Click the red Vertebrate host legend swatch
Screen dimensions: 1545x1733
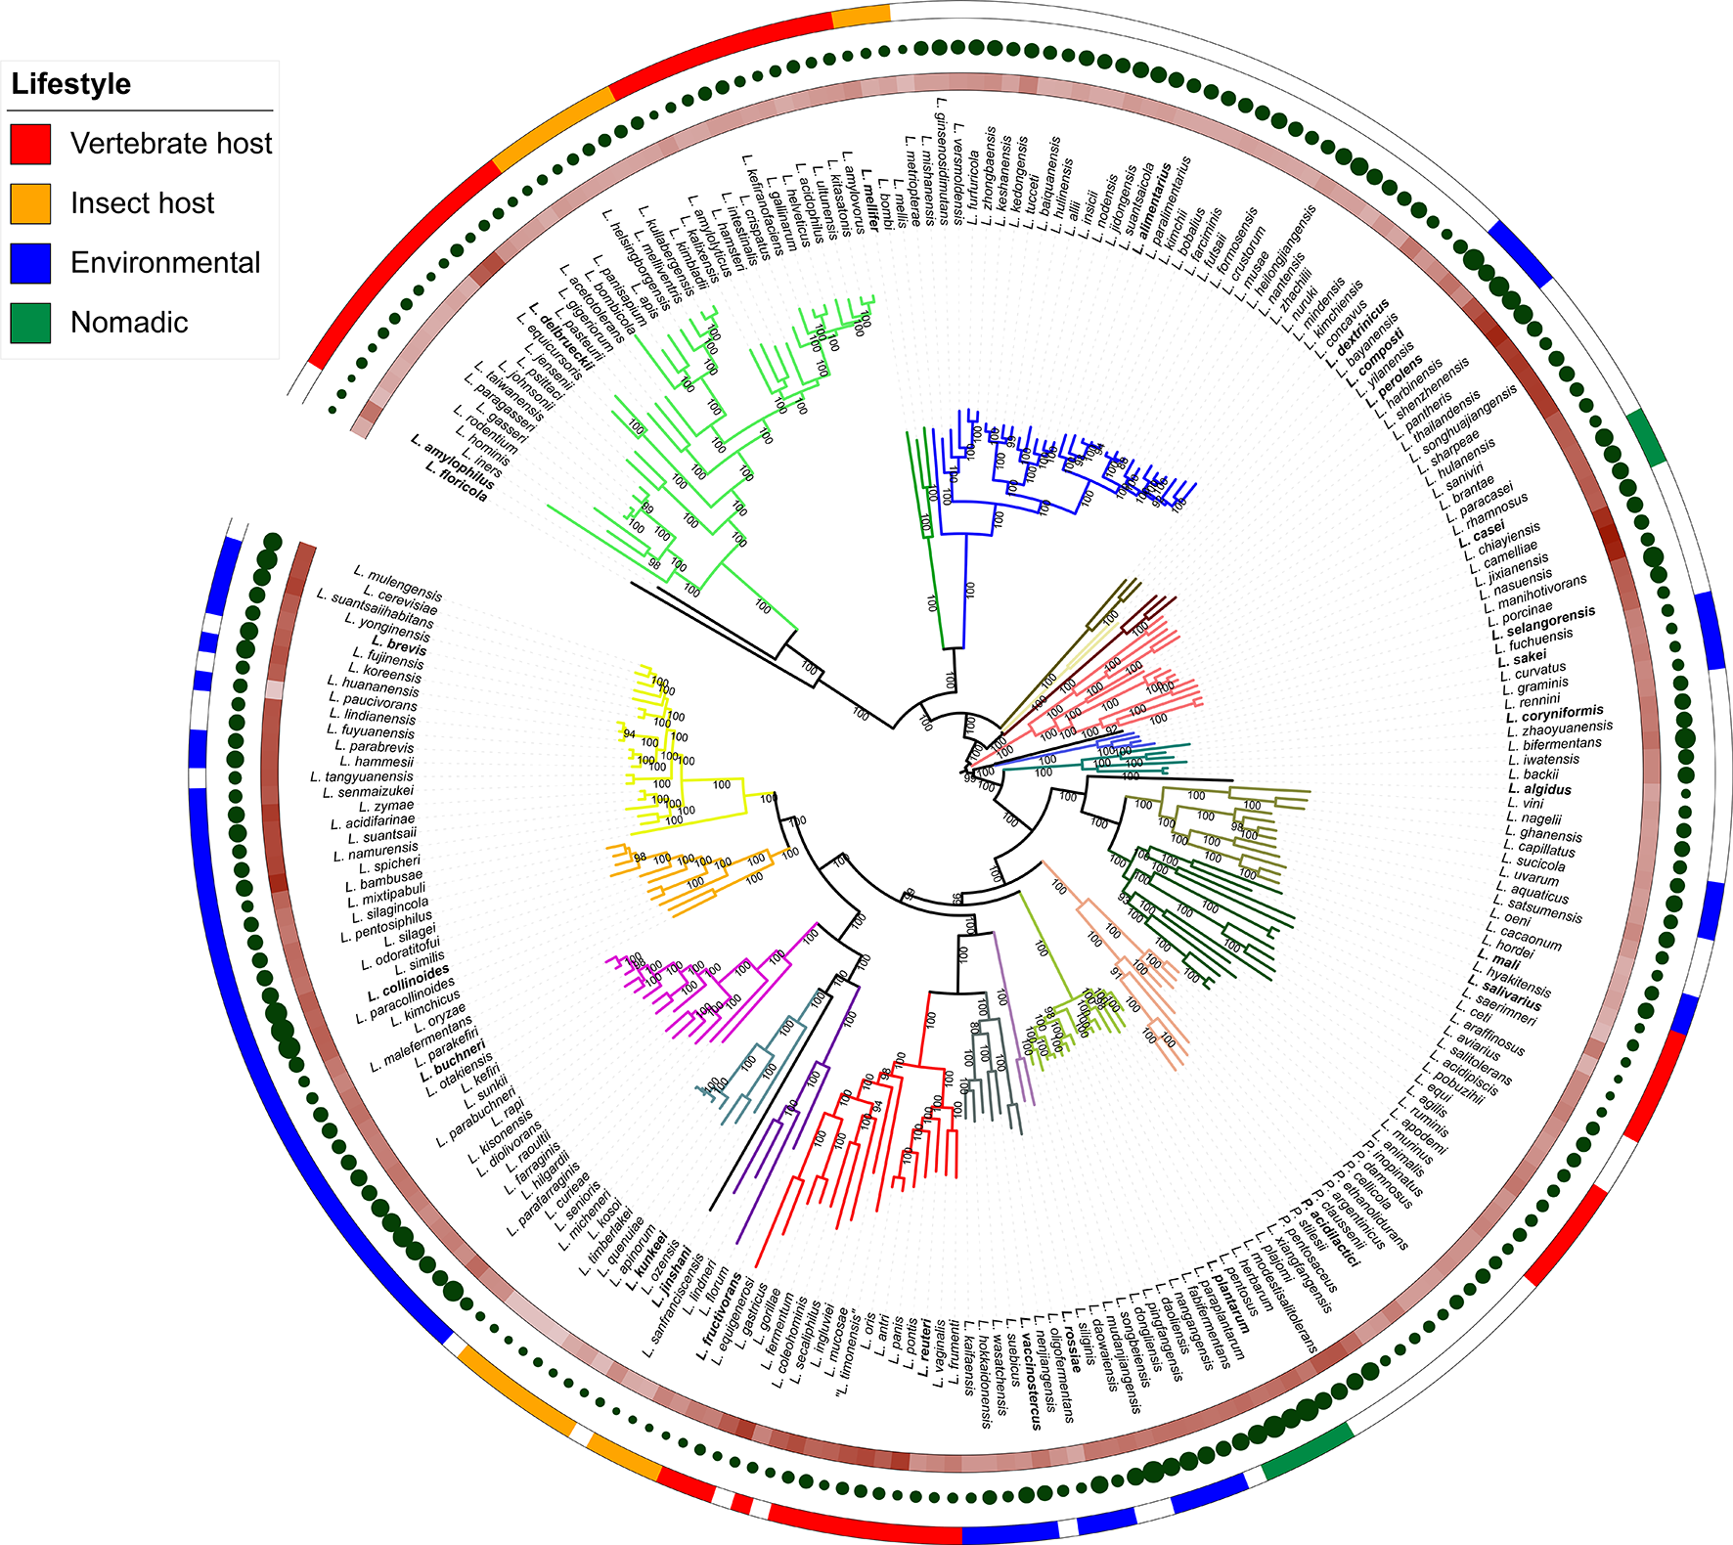click(x=30, y=144)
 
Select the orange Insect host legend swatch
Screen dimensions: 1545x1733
click(x=30, y=203)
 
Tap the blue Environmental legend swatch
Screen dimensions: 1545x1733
click(x=30, y=263)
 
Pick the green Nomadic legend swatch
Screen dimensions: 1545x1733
click(x=30, y=323)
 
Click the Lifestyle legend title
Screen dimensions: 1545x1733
click(x=71, y=84)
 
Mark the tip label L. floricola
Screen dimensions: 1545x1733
click(x=457, y=481)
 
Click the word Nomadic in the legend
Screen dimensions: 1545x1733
click(x=129, y=323)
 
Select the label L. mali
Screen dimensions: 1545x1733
click(x=1499, y=960)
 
